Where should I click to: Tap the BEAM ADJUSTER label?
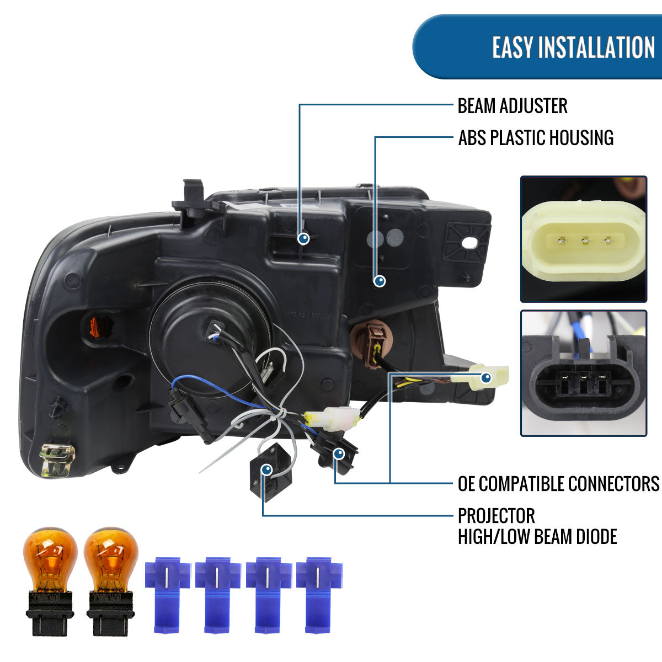(x=512, y=106)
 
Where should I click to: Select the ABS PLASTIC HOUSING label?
(x=536, y=138)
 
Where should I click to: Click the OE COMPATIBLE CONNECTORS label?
(x=558, y=484)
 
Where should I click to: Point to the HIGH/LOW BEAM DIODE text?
(x=537, y=537)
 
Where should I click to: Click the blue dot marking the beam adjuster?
(x=303, y=238)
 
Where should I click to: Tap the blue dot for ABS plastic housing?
(x=380, y=281)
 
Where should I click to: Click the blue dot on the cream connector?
(x=486, y=378)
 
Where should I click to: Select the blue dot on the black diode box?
(x=267, y=469)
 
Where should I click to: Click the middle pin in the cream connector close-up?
(x=585, y=241)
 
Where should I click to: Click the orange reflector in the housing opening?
(x=97, y=327)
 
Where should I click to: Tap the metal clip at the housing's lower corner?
(x=57, y=461)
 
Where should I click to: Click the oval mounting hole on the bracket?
(x=469, y=243)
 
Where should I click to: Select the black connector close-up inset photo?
(x=584, y=373)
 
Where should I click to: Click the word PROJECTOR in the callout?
(x=496, y=516)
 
